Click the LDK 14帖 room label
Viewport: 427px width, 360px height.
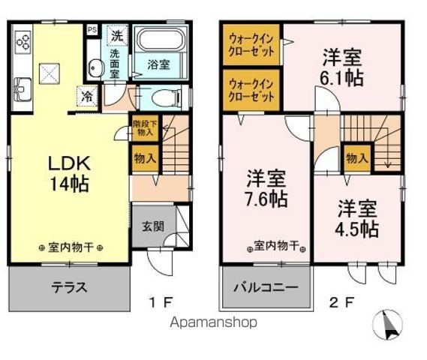(69, 173)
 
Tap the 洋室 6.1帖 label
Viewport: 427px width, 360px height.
(343, 67)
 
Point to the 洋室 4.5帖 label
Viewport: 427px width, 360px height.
(356, 217)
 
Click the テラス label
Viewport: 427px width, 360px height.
(69, 287)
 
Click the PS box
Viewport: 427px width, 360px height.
(92, 30)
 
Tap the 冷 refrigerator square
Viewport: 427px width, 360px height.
(88, 95)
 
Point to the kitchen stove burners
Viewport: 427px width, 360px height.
(22, 39)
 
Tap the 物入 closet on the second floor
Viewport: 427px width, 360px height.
(356, 158)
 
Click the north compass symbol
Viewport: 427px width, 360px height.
(389, 325)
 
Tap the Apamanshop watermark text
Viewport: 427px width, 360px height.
(213, 322)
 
